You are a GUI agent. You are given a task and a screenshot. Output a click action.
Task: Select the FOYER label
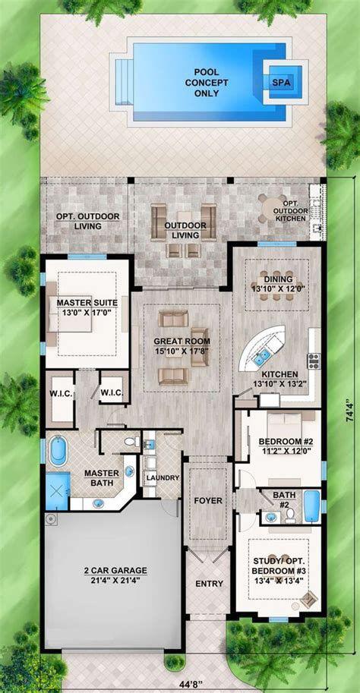click(208, 501)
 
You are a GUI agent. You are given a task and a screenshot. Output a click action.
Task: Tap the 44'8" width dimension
click(188, 681)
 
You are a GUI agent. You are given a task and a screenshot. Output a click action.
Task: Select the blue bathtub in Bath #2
click(311, 507)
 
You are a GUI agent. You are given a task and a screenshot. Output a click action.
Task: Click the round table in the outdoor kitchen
click(268, 206)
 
